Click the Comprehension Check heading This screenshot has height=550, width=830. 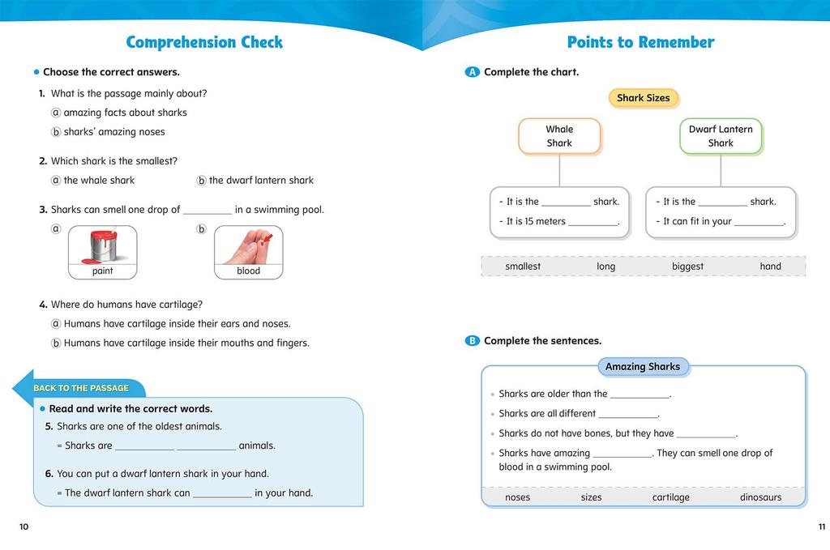click(x=204, y=42)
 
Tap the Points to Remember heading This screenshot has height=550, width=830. click(x=640, y=42)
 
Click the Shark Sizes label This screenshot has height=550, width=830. click(x=643, y=98)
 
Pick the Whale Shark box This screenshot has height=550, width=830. click(x=559, y=136)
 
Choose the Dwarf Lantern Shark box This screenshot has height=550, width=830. click(x=721, y=136)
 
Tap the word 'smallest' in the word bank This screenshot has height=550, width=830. click(x=523, y=266)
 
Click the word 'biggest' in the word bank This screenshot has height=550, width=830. click(x=687, y=266)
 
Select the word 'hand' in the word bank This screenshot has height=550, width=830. click(x=770, y=266)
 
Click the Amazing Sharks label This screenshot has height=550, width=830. click(x=643, y=367)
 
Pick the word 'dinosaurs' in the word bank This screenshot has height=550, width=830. click(x=760, y=497)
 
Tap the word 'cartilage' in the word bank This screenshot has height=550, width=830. click(x=670, y=497)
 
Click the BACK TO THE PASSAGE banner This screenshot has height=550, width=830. click(x=81, y=388)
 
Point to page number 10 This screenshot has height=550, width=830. click(x=24, y=527)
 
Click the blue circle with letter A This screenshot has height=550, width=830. click(x=473, y=72)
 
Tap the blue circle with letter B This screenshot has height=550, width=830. click(x=473, y=341)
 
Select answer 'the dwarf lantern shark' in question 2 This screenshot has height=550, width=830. click(x=260, y=181)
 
